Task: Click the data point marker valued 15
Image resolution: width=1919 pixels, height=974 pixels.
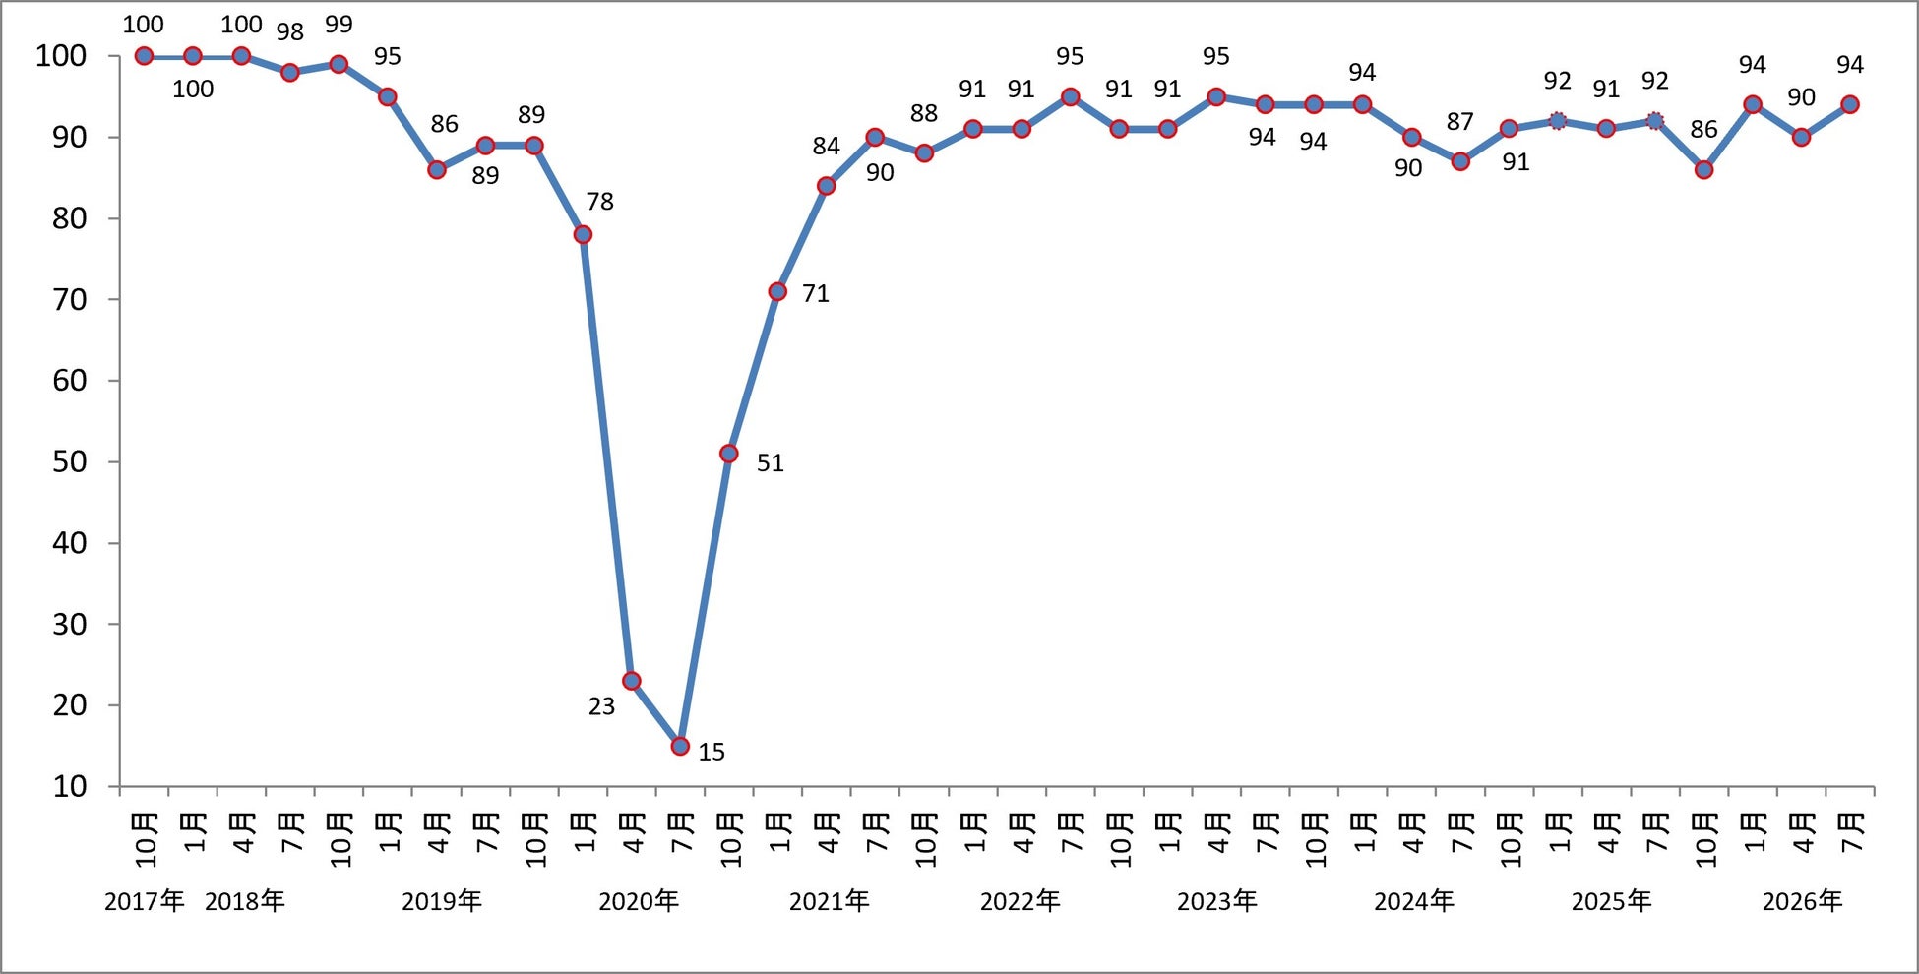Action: (x=680, y=746)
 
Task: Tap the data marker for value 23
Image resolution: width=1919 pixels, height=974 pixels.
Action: (x=632, y=681)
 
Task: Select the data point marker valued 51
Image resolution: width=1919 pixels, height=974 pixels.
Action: (x=729, y=454)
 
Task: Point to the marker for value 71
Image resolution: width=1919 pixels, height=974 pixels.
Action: (x=777, y=291)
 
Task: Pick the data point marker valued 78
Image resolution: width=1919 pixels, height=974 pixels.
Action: (x=583, y=234)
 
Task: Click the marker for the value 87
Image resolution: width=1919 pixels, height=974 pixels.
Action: (x=1460, y=161)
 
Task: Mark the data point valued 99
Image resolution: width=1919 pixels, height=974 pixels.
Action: (x=339, y=64)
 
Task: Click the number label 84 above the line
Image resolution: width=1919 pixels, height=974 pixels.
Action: (x=826, y=146)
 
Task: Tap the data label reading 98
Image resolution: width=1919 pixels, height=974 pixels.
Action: (x=289, y=31)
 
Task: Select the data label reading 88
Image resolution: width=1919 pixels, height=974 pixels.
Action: (x=923, y=113)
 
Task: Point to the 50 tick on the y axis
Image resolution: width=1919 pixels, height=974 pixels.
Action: (x=69, y=461)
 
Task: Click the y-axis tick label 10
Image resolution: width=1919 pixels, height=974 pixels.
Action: (x=69, y=786)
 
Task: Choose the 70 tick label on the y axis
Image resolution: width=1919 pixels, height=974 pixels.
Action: (x=69, y=299)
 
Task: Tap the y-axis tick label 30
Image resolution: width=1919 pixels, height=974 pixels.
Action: (x=69, y=624)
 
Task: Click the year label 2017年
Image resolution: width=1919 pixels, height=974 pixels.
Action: (x=145, y=900)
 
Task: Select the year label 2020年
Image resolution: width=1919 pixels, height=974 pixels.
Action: (x=639, y=900)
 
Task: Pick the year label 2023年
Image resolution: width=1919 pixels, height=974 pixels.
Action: (x=1217, y=900)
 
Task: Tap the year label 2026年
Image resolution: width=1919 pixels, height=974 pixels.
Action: (x=1802, y=900)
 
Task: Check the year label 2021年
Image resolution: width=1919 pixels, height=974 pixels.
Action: (x=830, y=900)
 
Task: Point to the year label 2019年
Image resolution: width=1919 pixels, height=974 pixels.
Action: (x=442, y=900)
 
